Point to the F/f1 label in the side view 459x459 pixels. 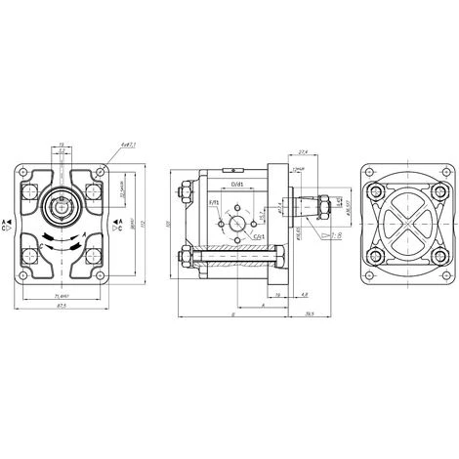[x=214, y=203]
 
